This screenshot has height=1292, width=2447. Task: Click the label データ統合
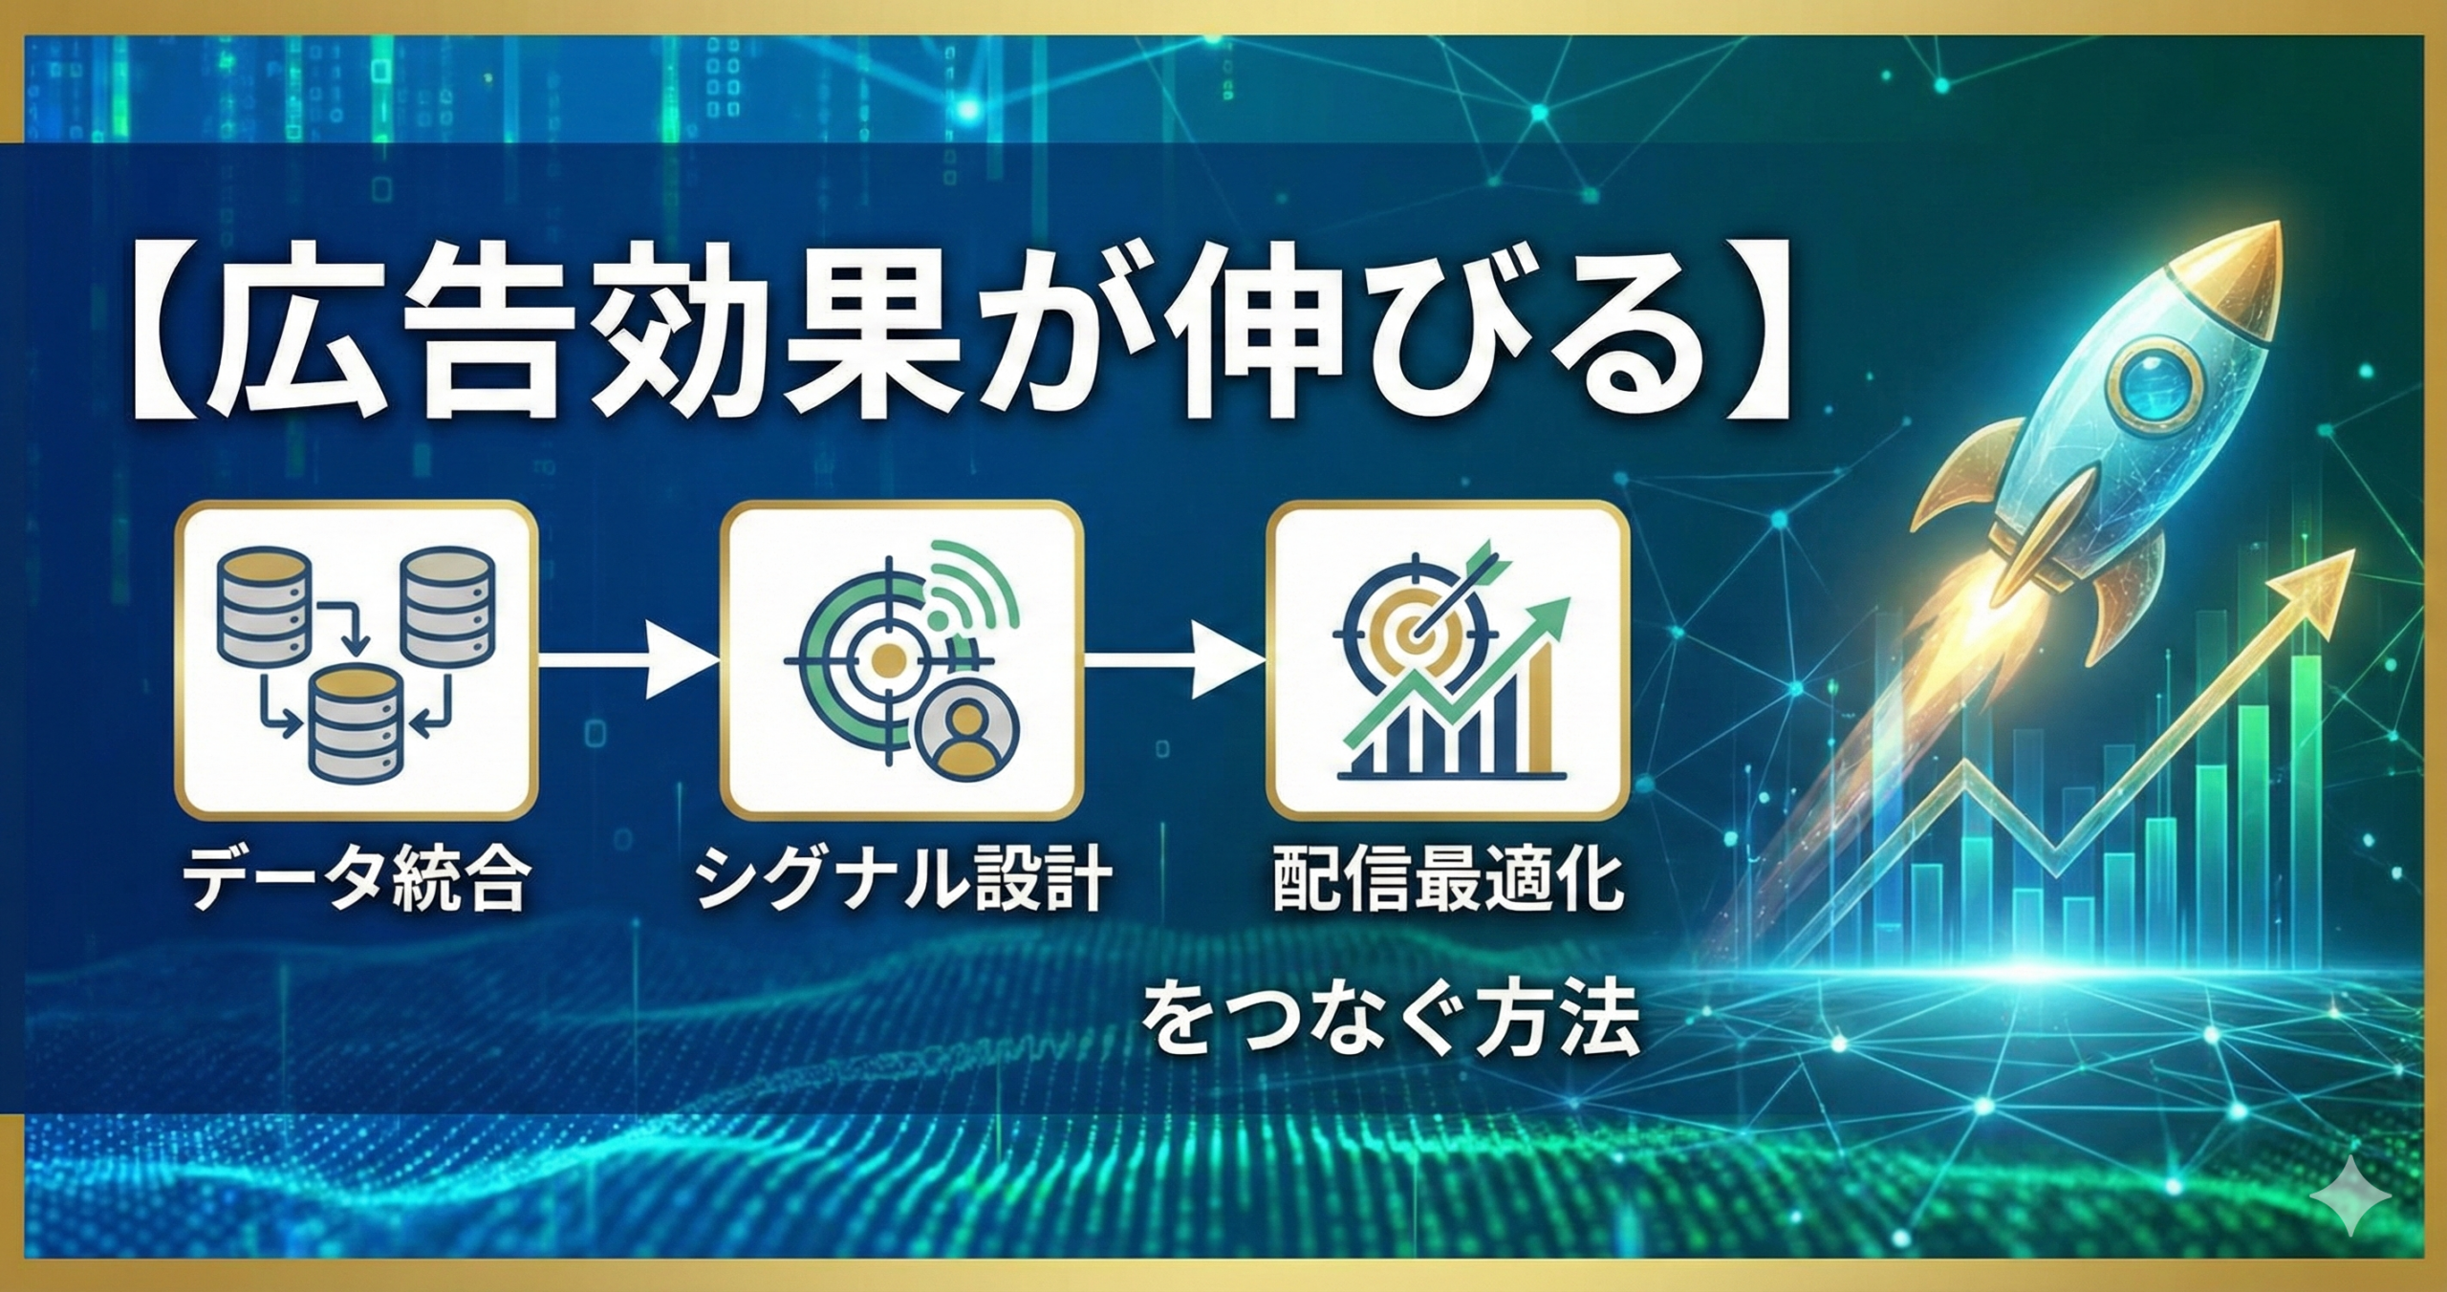tap(356, 879)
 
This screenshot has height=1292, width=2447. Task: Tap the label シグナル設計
tap(903, 879)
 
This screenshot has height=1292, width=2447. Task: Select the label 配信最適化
tap(1449, 879)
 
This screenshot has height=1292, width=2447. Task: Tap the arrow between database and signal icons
tap(629, 659)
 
